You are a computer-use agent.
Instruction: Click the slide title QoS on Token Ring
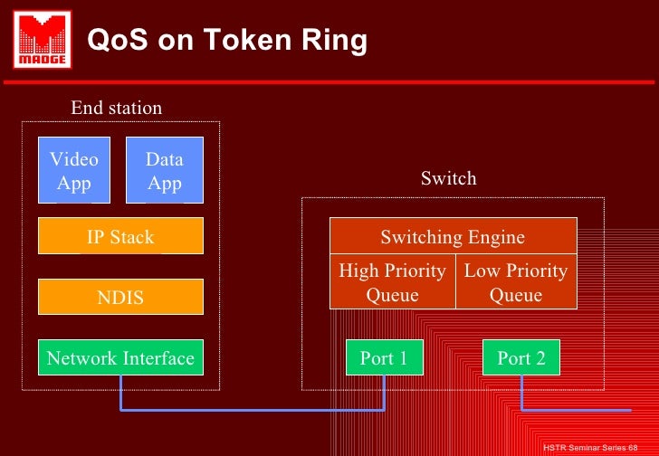226,41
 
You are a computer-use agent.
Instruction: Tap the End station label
117,109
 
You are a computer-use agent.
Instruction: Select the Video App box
74,170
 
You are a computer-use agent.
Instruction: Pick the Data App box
164,170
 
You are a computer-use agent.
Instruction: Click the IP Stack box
120,236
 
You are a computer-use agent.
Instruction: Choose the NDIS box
120,297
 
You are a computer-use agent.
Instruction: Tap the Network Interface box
120,358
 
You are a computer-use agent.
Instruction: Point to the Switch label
448,178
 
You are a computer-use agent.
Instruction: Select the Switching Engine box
453,237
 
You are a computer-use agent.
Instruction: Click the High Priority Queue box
392,282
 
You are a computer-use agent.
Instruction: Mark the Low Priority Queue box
515,282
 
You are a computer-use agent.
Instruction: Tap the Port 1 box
384,358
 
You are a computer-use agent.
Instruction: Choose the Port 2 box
521,358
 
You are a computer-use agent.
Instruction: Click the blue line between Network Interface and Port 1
253,410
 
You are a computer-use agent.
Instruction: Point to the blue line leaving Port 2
579,410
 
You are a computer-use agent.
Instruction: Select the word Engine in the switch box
495,237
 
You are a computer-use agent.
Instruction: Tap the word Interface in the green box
159,358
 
